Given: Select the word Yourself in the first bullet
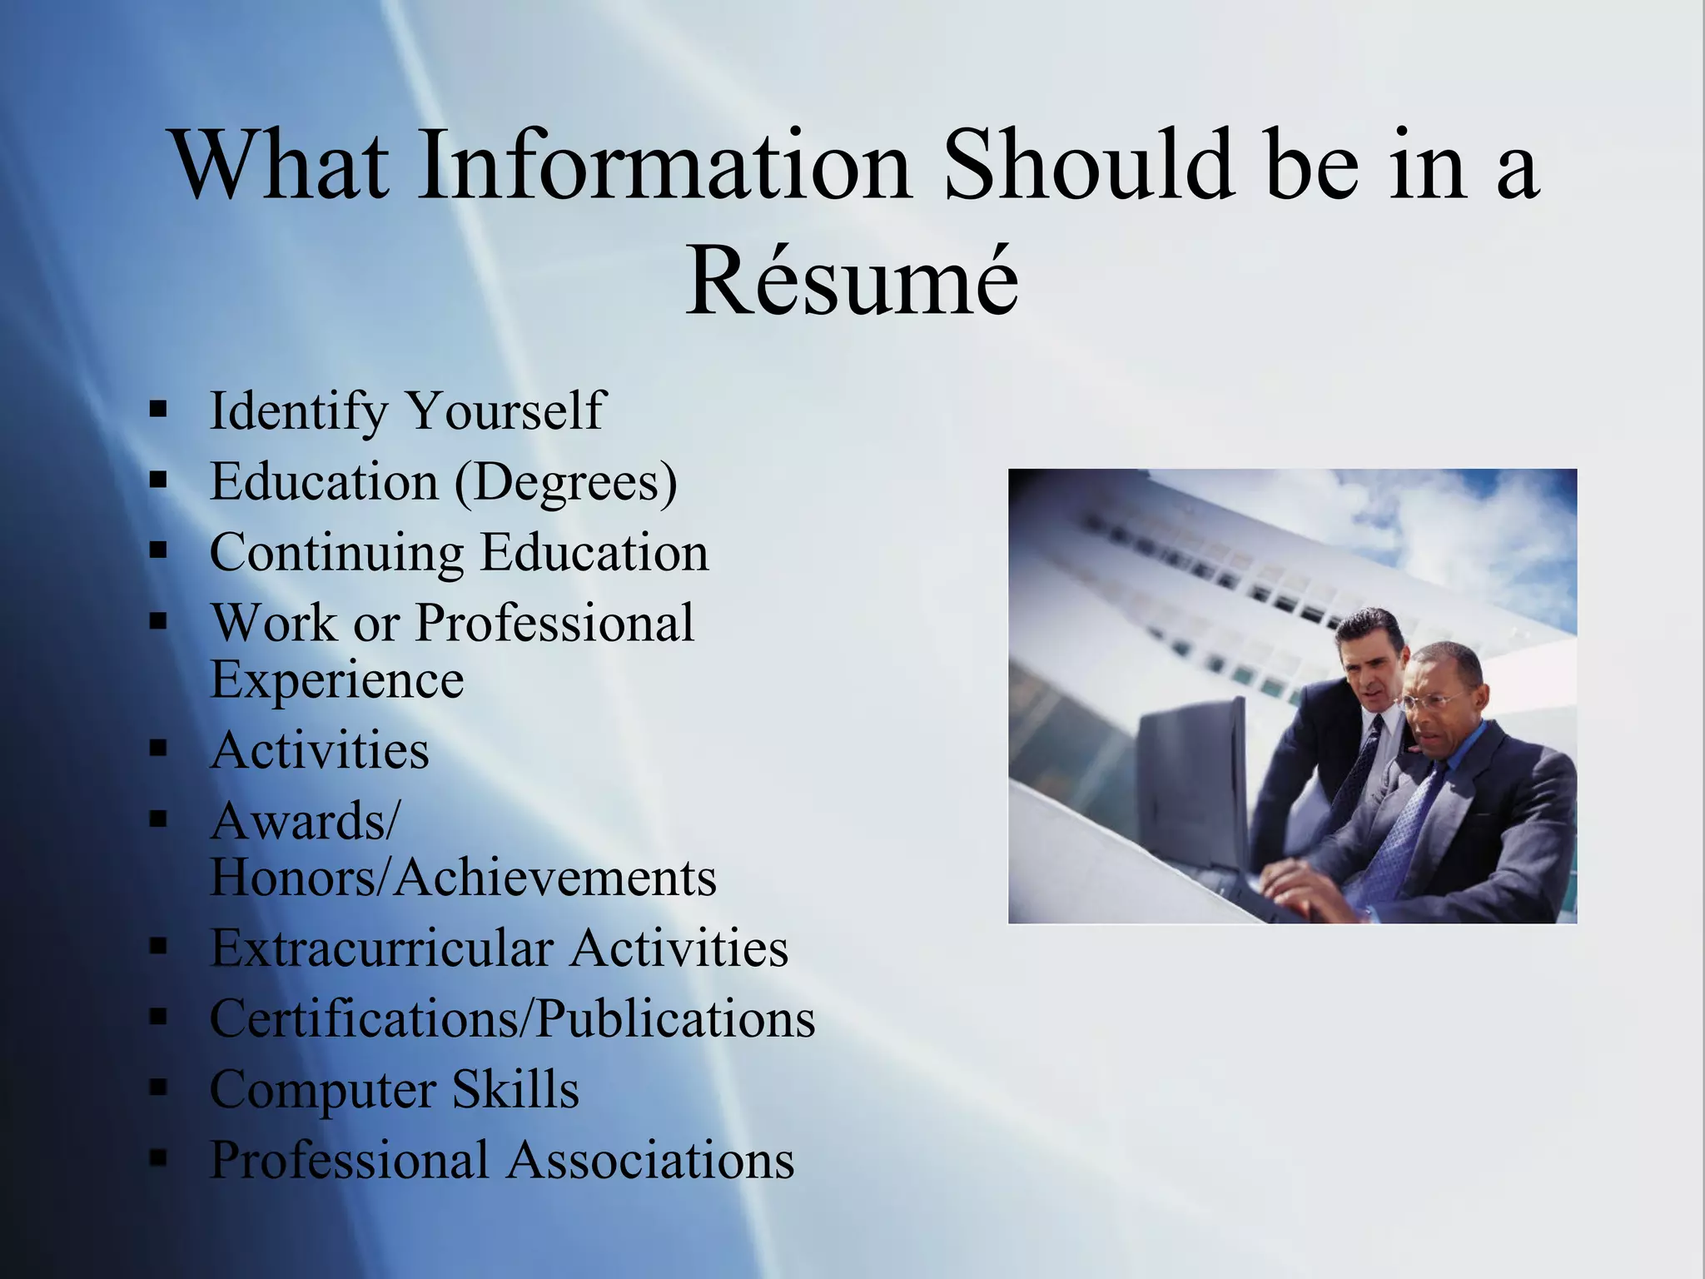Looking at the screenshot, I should click(505, 411).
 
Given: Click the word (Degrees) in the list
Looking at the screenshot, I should click(566, 482).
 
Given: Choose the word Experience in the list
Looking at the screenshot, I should click(336, 680).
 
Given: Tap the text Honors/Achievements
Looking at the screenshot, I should click(463, 878).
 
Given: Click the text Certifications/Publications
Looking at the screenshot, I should click(512, 1019).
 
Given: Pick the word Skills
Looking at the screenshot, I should click(515, 1089).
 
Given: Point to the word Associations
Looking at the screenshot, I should click(650, 1160).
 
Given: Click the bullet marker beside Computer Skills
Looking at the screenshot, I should click(158, 1087).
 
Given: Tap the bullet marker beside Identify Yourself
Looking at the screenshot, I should click(158, 410).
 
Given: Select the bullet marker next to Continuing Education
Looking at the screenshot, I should click(158, 550).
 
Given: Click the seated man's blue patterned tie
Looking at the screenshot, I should click(1407, 824).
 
